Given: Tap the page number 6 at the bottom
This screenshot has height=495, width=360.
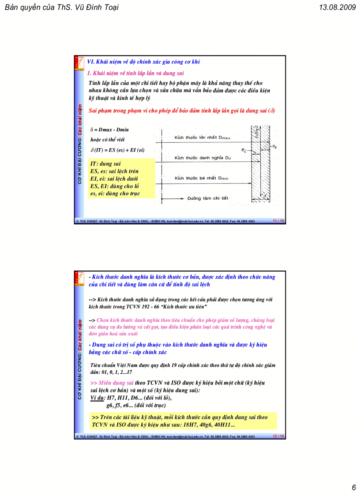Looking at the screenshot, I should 353,487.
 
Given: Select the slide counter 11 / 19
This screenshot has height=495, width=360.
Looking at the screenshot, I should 278,221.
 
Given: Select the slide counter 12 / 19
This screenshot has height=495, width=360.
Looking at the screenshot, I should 278,436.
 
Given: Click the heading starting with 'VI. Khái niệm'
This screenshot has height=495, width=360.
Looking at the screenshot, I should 143,62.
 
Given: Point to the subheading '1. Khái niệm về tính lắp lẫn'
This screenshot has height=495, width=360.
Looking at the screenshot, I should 135,73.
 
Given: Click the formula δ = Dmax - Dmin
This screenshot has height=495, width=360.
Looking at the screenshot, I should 110,130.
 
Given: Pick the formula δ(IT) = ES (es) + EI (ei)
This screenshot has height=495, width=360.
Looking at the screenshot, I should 117,150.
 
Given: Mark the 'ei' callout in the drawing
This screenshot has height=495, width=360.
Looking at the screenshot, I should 244,150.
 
